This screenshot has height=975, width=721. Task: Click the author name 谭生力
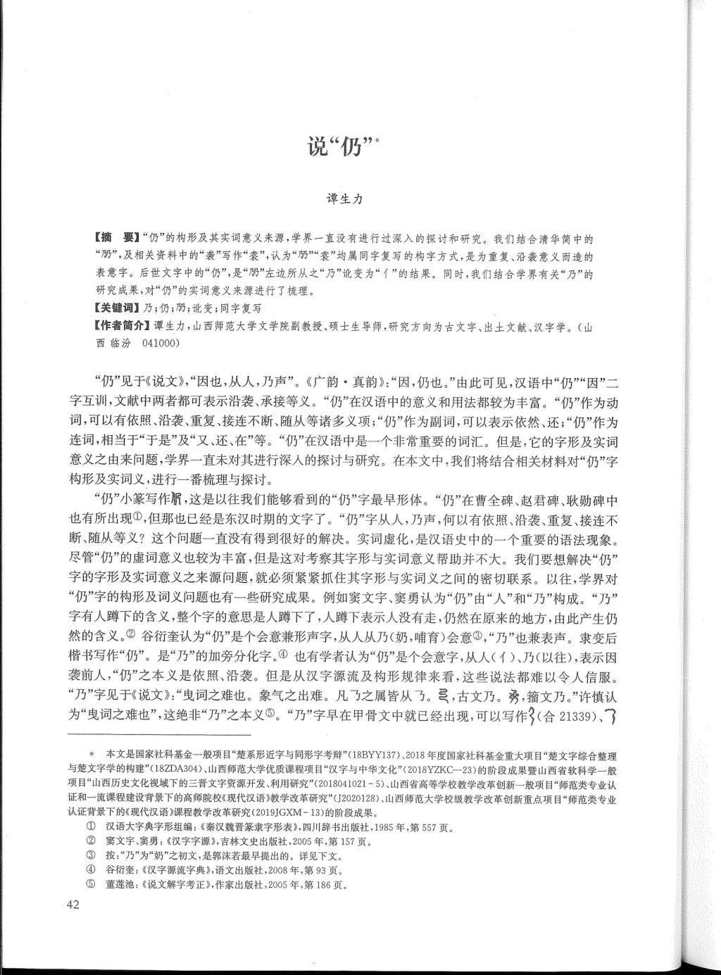click(344, 199)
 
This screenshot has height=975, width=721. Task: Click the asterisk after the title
click(378, 139)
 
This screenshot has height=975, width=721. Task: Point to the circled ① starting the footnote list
click(90, 827)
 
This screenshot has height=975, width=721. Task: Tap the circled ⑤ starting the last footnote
click(90, 886)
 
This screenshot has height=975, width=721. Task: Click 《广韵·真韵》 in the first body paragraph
click(343, 384)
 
